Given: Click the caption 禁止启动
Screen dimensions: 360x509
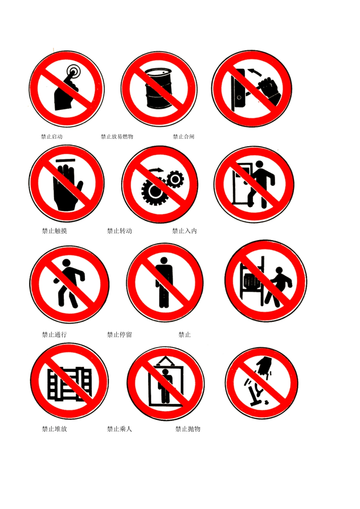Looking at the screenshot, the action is click(52, 137).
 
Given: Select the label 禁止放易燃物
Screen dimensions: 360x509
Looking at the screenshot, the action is click(117, 137).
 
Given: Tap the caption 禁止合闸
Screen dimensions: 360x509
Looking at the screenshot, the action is click(183, 137).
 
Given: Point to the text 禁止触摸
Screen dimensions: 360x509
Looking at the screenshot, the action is click(54, 231).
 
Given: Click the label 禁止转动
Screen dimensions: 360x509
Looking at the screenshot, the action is click(119, 231).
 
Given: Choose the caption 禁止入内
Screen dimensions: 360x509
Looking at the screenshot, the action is click(185, 231).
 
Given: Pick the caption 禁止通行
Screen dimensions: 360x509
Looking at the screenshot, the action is click(54, 334).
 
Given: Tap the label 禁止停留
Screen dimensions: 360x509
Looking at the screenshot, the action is click(119, 334).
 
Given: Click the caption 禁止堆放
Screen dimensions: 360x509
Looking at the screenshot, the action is click(54, 429).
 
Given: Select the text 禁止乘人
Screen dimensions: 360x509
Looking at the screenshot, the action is click(119, 429).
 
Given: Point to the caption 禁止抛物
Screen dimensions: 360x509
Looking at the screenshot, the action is click(188, 429).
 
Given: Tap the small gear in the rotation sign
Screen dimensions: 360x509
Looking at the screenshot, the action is click(175, 180).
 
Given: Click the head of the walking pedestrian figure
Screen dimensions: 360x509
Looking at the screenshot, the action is click(66, 263).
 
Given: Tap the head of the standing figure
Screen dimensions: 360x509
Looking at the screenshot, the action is click(164, 261).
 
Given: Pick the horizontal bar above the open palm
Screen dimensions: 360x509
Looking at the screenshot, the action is click(65, 161).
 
